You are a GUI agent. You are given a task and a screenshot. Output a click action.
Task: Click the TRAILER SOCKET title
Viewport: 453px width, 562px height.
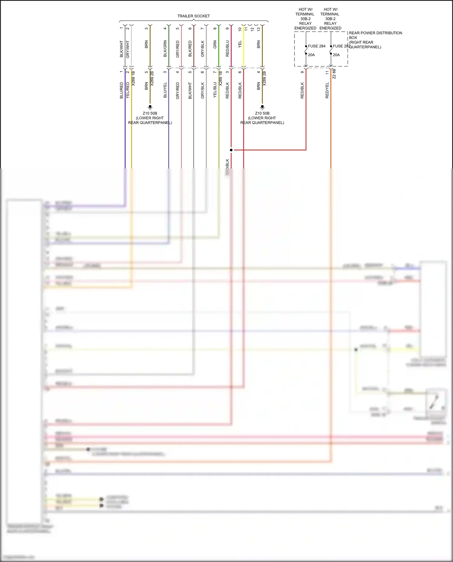pyautogui.click(x=193, y=16)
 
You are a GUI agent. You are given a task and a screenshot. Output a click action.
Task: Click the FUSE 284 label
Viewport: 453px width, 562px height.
pyautogui.click(x=316, y=46)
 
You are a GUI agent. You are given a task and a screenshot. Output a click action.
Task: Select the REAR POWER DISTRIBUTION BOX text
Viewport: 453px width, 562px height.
pyautogui.click(x=375, y=33)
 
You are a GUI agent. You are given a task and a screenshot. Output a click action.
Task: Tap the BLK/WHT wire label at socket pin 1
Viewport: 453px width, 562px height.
pyautogui.click(x=121, y=49)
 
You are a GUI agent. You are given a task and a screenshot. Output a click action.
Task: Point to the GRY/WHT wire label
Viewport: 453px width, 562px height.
pyautogui.click(x=128, y=49)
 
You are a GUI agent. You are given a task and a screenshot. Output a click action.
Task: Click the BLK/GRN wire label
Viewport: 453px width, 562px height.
pyautogui.click(x=165, y=49)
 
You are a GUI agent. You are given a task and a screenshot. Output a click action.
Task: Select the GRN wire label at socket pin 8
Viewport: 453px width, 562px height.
pyautogui.click(x=215, y=45)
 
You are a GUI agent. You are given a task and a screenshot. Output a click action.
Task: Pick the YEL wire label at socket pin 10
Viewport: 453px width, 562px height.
pyautogui.click(x=240, y=44)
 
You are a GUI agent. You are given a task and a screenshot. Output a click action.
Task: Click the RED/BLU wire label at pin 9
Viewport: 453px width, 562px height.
pyautogui.click(x=227, y=49)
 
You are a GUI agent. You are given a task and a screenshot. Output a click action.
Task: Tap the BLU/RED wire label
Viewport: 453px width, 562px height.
pyautogui.click(x=121, y=90)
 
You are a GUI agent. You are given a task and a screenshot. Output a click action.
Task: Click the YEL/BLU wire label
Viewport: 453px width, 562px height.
pyautogui.click(x=215, y=90)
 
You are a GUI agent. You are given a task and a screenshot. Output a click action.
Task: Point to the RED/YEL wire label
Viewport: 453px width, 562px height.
pyautogui.click(x=327, y=90)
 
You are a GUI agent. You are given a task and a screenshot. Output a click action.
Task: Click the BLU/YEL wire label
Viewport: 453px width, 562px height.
pyautogui.click(x=165, y=90)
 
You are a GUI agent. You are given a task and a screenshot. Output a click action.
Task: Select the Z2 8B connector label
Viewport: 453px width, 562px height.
pyautogui.click(x=334, y=74)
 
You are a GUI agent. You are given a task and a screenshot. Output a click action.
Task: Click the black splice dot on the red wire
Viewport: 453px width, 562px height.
pyautogui.click(x=231, y=150)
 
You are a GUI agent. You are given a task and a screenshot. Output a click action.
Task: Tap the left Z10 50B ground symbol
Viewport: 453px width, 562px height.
pyautogui.click(x=150, y=107)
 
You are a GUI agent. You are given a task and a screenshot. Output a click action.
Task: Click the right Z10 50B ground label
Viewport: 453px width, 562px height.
pyautogui.click(x=262, y=114)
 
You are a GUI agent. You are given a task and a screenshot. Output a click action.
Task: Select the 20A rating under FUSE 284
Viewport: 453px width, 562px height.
pyautogui.click(x=311, y=55)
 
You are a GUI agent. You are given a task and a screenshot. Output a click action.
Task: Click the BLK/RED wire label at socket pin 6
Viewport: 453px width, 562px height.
pyautogui.click(x=190, y=49)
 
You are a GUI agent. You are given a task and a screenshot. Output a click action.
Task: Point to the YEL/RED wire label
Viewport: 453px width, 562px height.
pyautogui.click(x=128, y=90)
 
